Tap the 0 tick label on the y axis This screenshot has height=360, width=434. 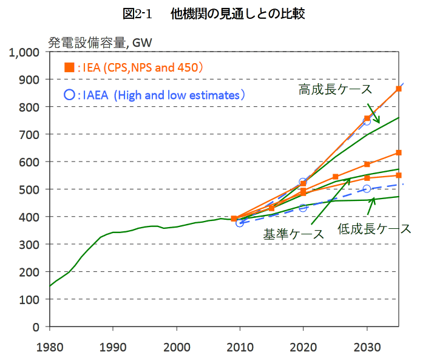pos(37,327)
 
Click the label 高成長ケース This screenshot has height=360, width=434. pos(334,90)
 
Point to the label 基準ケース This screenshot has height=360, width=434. pos(293,234)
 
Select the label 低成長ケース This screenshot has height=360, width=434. pos(374,229)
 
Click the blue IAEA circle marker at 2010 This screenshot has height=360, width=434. pos(240,223)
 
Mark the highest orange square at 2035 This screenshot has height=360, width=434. pos(398,89)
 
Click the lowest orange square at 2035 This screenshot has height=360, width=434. pos(398,175)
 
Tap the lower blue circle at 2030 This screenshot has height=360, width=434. pos(367,189)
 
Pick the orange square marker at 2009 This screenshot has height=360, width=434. pos(234,219)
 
